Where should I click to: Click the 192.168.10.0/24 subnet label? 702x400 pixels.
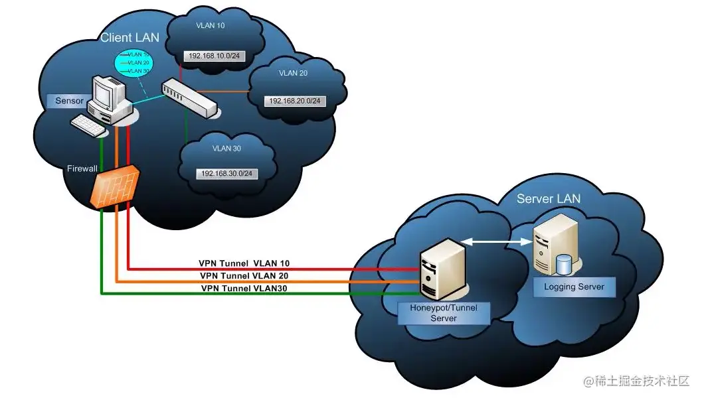215,56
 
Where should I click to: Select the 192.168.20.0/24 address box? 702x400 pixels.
294,101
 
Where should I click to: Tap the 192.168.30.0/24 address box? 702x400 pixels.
228,173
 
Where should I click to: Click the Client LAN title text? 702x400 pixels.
130,38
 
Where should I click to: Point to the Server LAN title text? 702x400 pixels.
548,198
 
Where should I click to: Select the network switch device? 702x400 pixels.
189,97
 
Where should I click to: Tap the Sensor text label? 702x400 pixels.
66,101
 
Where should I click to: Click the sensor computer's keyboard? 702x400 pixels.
88,123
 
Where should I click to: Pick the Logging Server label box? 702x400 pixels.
574,287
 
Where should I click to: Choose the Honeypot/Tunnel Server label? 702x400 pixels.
443,313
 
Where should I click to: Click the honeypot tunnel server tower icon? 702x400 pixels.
438,272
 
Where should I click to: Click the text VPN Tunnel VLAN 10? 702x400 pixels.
244,263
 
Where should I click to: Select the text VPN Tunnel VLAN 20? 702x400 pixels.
244,275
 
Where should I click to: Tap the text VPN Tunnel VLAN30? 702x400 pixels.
244,289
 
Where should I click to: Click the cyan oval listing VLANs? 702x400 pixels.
133,62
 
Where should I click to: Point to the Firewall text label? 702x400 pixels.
82,168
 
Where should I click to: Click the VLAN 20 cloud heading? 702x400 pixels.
293,73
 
